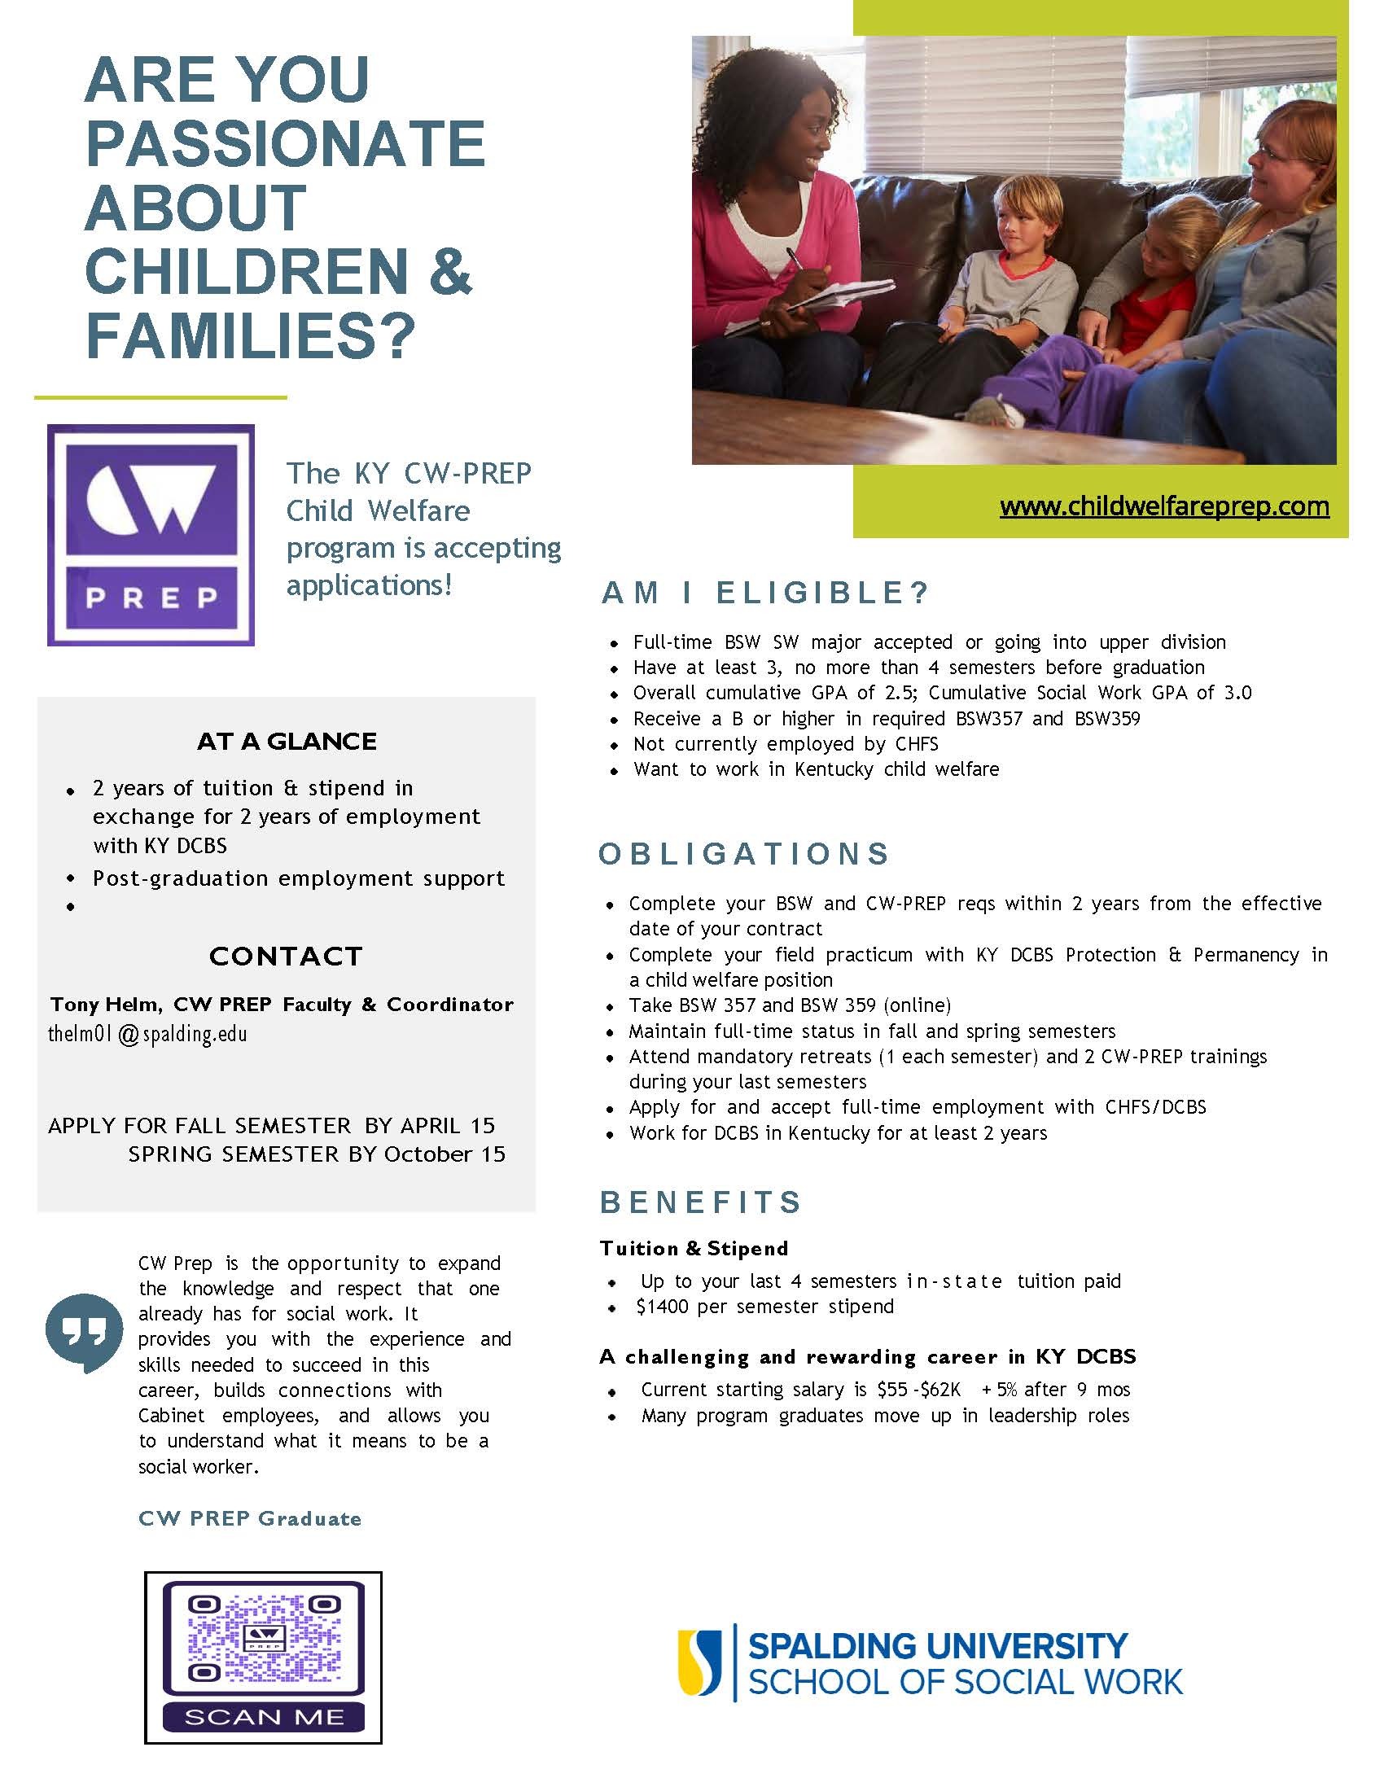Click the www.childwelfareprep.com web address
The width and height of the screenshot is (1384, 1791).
point(1164,506)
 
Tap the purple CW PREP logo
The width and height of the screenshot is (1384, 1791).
point(151,535)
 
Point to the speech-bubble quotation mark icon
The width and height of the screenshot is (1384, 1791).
point(79,1333)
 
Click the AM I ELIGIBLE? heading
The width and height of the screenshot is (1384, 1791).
point(765,593)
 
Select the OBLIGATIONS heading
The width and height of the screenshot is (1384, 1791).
point(743,854)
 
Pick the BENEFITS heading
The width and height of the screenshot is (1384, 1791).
point(701,1202)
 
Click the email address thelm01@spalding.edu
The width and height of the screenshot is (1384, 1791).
point(147,1034)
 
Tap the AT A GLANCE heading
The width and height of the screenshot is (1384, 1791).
point(286,742)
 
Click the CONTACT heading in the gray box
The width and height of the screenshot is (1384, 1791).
point(285,957)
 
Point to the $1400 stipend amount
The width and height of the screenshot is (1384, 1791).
point(663,1307)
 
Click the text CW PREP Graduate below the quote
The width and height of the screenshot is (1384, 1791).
point(250,1519)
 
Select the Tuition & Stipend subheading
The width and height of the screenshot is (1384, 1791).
point(694,1249)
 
